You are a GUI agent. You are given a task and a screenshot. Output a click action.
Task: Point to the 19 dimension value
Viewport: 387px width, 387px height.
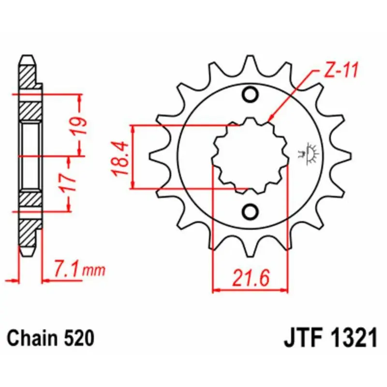click(x=79, y=125)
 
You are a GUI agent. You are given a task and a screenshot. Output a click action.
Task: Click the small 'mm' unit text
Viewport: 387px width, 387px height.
click(x=94, y=270)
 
